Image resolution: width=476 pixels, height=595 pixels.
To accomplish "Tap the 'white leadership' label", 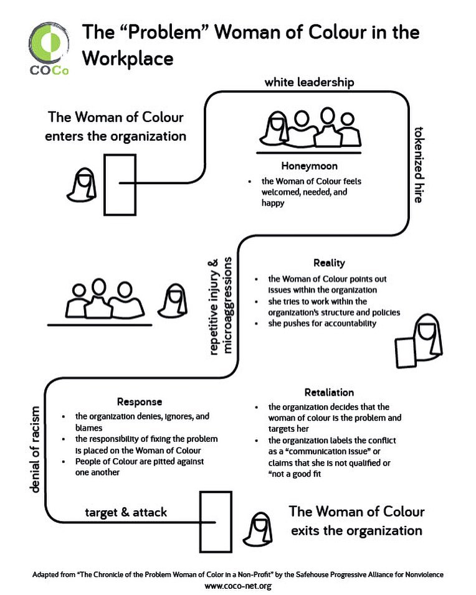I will tap(300, 82).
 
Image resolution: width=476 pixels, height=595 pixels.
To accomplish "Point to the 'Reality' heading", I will tap(329, 263).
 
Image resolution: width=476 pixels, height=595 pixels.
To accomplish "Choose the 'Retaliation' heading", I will tap(329, 392).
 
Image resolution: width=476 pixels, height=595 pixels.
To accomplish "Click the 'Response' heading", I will tap(140, 401).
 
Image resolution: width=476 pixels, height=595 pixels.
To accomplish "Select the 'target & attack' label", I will tap(126, 512).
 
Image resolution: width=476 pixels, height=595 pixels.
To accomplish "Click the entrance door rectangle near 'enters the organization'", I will tap(120, 184).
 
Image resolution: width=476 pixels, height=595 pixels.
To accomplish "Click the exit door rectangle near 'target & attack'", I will tap(215, 522).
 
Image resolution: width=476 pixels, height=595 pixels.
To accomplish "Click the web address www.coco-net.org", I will tap(238, 585).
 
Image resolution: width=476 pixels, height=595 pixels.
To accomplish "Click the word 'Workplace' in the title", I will tap(128, 59).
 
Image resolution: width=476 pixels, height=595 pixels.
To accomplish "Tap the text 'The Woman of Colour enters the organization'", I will tap(115, 126).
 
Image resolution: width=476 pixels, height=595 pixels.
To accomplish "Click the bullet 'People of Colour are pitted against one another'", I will tap(140, 466).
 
